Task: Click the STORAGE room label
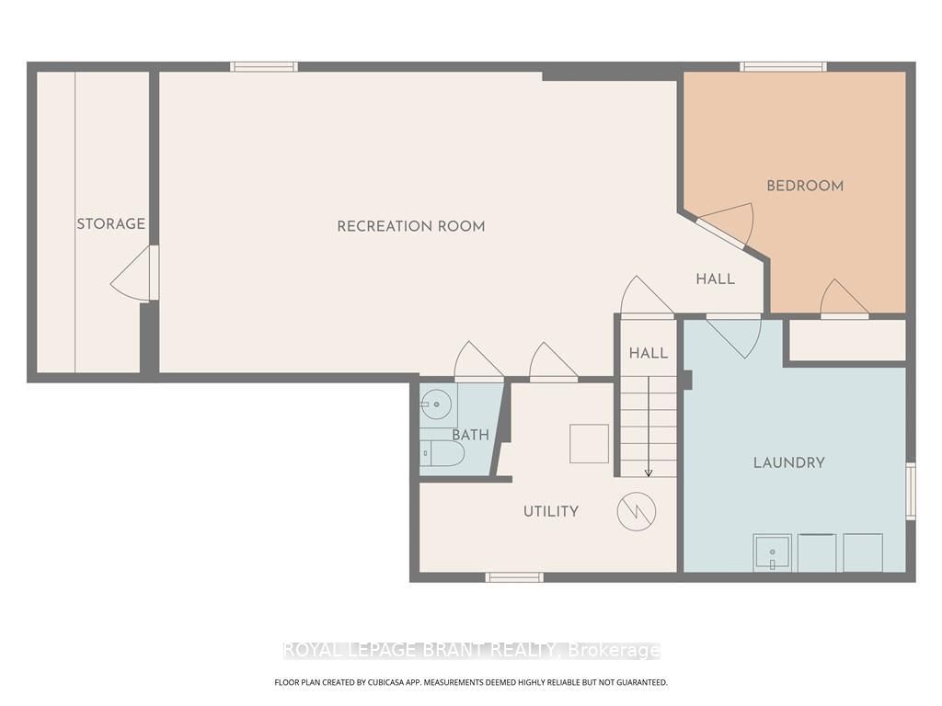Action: [x=110, y=224]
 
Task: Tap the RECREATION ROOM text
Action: [x=411, y=226]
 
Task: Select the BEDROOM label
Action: [x=805, y=186]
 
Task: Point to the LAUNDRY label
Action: [x=788, y=463]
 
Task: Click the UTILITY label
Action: [x=551, y=511]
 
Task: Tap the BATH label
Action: [x=470, y=435]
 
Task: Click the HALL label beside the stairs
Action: [x=649, y=353]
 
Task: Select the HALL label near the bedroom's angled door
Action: [x=715, y=279]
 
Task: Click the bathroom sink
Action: [x=436, y=404]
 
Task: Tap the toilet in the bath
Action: [x=442, y=454]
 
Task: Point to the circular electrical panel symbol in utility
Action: [x=637, y=511]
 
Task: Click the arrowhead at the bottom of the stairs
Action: [x=649, y=473]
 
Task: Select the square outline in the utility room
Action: [x=589, y=444]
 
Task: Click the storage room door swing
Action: [x=131, y=274]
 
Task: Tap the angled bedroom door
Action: [x=725, y=224]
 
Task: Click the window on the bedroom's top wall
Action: [x=783, y=66]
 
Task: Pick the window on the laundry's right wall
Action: [x=911, y=491]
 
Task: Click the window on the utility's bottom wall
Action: [x=514, y=577]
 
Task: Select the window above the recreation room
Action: [x=264, y=66]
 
